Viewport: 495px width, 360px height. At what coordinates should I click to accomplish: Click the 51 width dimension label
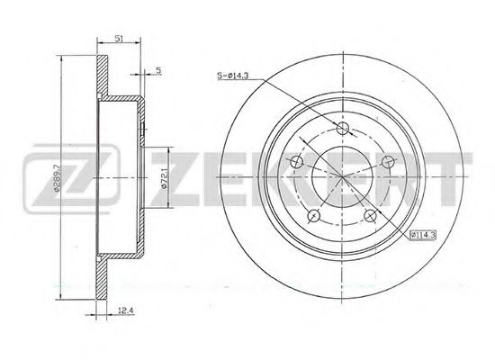tap(119, 39)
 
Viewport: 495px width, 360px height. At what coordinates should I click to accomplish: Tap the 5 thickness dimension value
tap(158, 70)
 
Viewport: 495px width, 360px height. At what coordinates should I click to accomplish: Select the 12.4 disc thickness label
tap(126, 311)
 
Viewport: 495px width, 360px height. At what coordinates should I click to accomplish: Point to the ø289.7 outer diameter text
tap(57, 178)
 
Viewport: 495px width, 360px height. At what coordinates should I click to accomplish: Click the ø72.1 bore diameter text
tap(164, 179)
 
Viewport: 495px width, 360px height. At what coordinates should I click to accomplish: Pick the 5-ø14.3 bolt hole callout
tap(233, 76)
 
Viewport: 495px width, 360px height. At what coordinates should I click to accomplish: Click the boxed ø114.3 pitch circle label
tap(423, 235)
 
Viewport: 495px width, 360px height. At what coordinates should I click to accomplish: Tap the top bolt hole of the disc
tap(343, 128)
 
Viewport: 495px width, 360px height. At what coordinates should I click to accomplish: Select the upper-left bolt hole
tap(296, 162)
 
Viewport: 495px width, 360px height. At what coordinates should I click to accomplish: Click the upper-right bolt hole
tap(388, 162)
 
